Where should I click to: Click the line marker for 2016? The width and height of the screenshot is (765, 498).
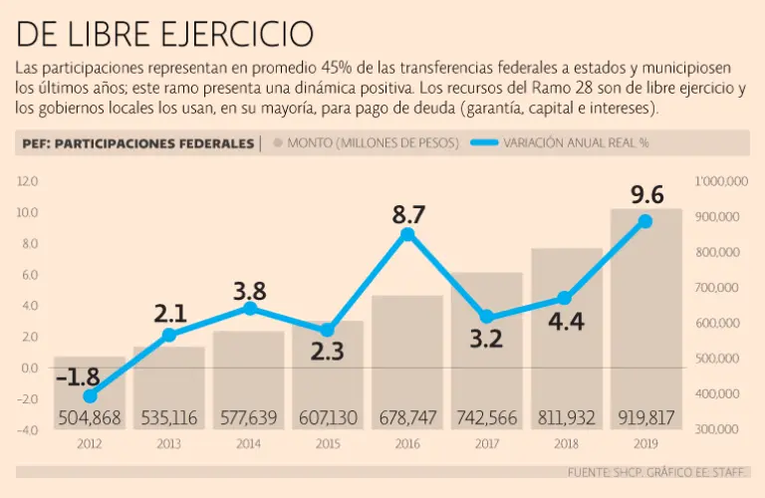[x=407, y=234]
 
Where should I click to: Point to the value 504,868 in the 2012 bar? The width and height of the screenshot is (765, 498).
[x=90, y=417]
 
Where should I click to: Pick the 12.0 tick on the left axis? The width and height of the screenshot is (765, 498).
[x=27, y=181]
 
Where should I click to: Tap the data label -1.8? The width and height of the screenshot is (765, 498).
[x=78, y=377]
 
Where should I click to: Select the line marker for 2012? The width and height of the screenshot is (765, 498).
[x=90, y=396]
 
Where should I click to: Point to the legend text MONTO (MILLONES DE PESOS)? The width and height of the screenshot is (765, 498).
[x=373, y=143]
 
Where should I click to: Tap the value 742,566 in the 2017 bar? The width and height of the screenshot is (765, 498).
[x=487, y=417]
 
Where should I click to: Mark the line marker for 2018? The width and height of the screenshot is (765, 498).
[x=566, y=298]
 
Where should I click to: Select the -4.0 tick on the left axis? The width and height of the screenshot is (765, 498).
[x=27, y=429]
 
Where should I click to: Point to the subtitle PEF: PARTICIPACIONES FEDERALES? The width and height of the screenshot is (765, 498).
[x=137, y=143]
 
